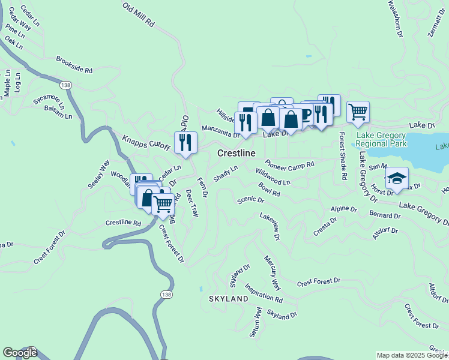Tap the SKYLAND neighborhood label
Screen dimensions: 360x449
tap(228, 298)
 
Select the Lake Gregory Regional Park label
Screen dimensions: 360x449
tap(381, 139)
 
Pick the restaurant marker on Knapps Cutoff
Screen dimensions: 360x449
tap(185, 142)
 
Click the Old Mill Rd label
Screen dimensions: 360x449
tap(139, 16)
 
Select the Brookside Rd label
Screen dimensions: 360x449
tap(74, 65)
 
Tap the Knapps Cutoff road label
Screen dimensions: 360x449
tap(147, 141)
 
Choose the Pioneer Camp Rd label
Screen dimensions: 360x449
tap(290, 163)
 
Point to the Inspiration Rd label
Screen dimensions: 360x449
tap(264, 293)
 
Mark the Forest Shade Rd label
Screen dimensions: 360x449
tap(343, 156)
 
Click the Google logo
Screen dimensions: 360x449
tap(20, 353)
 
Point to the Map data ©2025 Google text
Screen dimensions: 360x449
tap(411, 355)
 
